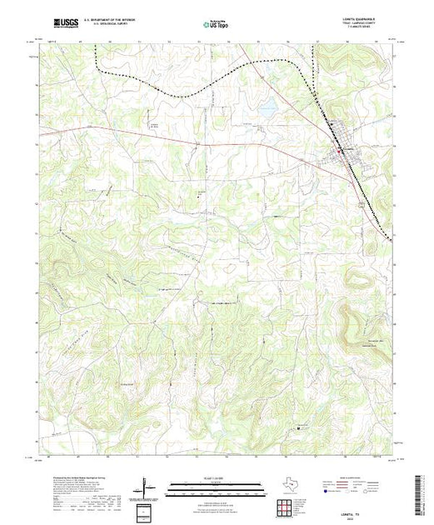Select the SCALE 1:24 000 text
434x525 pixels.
(217, 477)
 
